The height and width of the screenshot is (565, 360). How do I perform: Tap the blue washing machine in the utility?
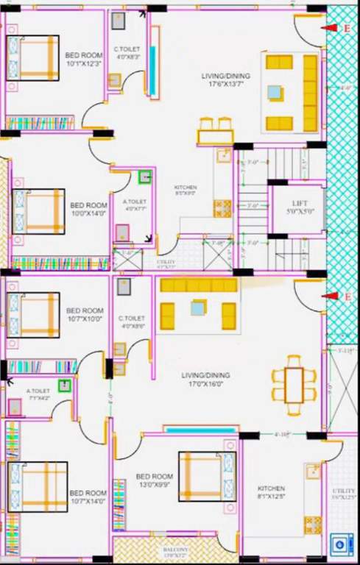(340, 545)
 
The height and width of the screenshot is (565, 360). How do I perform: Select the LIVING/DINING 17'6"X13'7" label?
(226, 79)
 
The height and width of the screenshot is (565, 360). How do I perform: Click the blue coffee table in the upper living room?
(274, 93)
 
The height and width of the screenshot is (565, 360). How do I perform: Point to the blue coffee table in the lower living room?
(198, 308)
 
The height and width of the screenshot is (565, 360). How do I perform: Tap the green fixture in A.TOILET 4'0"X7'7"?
(145, 177)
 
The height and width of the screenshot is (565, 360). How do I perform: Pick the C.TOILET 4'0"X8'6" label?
(131, 321)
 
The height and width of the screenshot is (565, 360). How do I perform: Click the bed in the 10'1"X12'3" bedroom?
(32, 57)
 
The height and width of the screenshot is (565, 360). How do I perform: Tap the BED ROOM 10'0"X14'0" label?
(88, 209)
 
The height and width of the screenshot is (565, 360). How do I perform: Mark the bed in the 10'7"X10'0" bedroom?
(33, 314)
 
